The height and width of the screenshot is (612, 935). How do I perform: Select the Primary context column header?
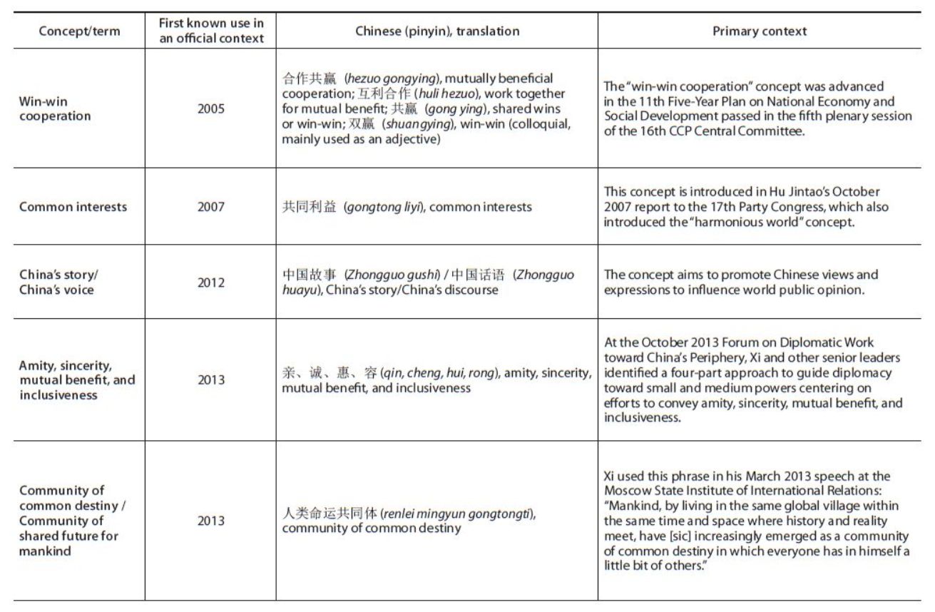pyautogui.click(x=759, y=31)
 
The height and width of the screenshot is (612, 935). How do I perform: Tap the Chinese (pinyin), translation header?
pyautogui.click(x=437, y=31)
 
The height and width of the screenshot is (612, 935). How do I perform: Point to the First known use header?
pyautogui.click(x=210, y=31)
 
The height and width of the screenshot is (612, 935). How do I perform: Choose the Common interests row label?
pyautogui.click(x=73, y=207)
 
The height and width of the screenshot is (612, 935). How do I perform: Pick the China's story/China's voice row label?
pyautogui.click(x=56, y=282)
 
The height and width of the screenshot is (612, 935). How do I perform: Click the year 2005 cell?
pyautogui.click(x=210, y=108)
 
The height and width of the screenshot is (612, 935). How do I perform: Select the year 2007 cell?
pyautogui.click(x=210, y=207)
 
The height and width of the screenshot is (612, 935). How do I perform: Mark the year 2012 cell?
pyautogui.click(x=210, y=282)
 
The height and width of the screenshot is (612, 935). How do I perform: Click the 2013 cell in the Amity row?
pyautogui.click(x=210, y=379)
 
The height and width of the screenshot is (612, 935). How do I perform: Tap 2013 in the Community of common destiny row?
pyautogui.click(x=210, y=521)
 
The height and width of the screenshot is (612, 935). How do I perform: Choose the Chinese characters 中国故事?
pyautogui.click(x=310, y=275)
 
